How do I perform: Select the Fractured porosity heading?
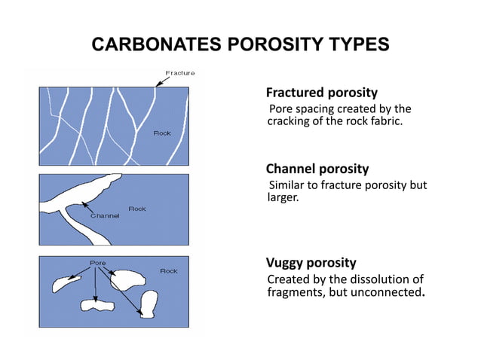click(321, 93)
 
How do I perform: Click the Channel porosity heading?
click(317, 169)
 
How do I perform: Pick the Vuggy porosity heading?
click(311, 263)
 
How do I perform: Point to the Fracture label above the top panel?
click(180, 73)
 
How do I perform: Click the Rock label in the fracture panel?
click(162, 133)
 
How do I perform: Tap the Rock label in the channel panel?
click(137, 209)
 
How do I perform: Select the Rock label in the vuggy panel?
click(168, 270)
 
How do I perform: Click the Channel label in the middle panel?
click(106, 216)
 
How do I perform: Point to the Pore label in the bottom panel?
click(97, 264)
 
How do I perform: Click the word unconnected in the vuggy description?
click(384, 292)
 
